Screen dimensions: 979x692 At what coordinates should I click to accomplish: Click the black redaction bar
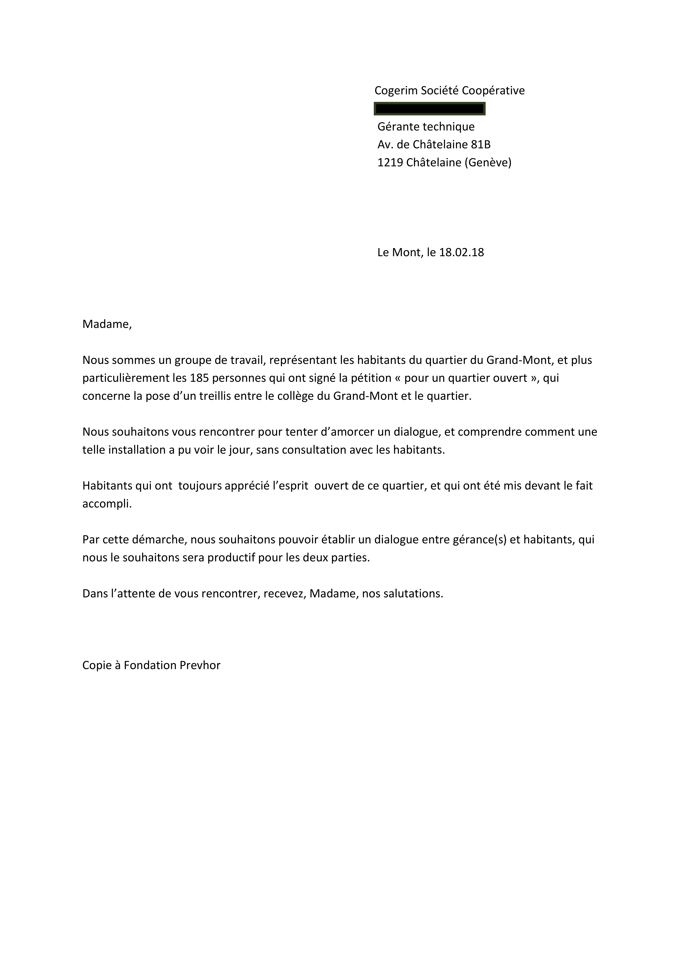(x=429, y=109)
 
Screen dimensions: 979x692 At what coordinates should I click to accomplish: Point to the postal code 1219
(x=390, y=162)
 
